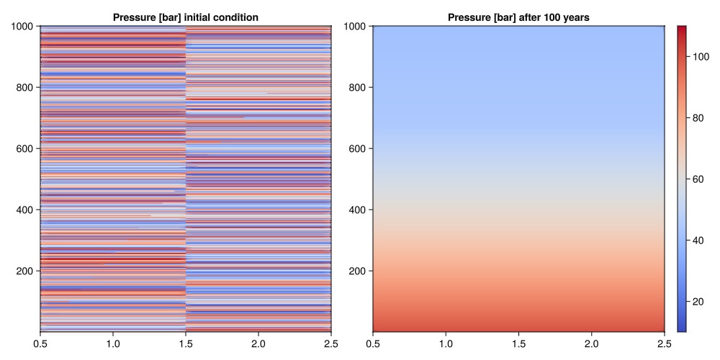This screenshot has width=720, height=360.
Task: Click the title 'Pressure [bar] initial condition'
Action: coord(186,17)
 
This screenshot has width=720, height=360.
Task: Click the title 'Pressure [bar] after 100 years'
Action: coord(518,17)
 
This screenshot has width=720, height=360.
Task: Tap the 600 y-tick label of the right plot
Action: coord(358,149)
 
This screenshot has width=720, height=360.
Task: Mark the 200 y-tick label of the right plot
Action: coord(358,271)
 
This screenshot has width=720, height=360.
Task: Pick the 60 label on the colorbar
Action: coord(698,179)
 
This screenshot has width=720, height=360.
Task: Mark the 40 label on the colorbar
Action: coord(698,240)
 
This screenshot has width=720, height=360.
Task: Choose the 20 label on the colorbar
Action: coord(698,302)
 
